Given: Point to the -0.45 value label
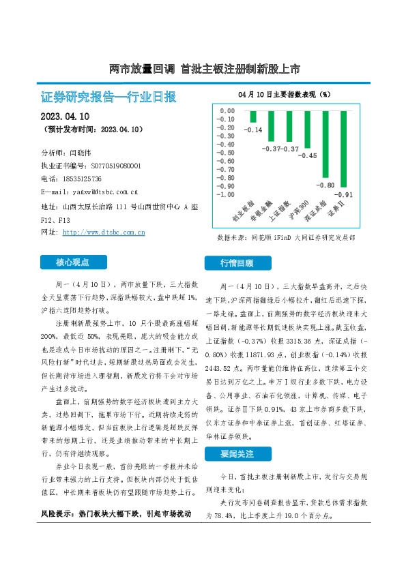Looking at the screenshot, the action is [x=308, y=156].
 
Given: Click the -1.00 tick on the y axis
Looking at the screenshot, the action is [x=224, y=194].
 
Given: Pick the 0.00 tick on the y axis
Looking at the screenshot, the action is [x=225, y=110].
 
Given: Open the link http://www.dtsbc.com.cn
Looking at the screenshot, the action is [x=104, y=232].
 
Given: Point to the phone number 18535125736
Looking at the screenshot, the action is [x=79, y=178].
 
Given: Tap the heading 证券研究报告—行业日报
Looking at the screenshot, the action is [x=109, y=97].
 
